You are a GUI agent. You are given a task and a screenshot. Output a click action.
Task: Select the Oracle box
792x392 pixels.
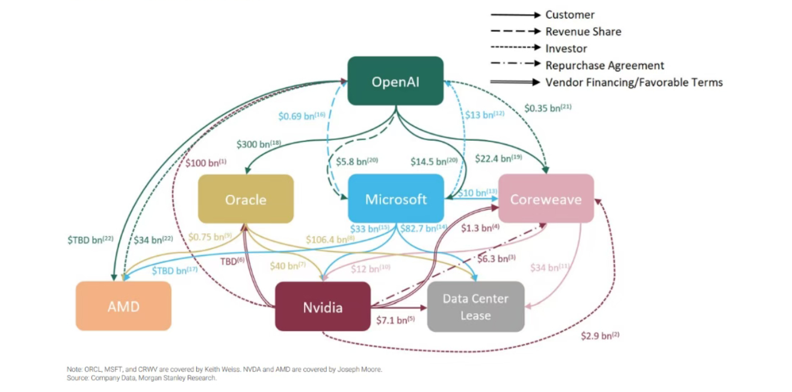pos(246,199)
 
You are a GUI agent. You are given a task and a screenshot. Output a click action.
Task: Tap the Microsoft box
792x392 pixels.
pos(395,199)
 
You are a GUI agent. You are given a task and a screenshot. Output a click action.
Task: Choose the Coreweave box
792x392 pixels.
pos(545,199)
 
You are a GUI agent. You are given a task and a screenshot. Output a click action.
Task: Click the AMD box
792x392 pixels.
pos(123,306)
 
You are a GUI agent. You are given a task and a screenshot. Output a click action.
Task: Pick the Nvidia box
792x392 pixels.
pos(323,307)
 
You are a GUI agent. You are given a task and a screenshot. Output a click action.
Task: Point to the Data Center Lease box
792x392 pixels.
pos(475,307)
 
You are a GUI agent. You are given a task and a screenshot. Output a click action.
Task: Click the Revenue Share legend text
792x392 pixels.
pos(583,32)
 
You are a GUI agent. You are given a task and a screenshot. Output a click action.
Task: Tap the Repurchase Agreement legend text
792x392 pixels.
pos(604,66)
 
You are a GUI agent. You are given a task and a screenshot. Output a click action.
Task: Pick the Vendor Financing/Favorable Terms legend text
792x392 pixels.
pos(634,82)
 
